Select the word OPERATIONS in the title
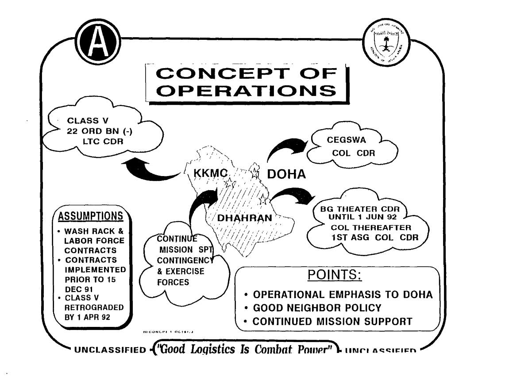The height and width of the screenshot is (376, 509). (246, 90)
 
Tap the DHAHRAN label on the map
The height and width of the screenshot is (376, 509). (240, 218)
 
